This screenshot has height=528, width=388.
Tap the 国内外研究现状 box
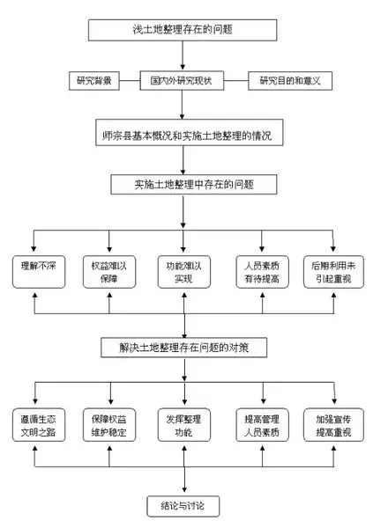pos(183,82)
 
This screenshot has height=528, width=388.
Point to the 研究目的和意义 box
pos(288,82)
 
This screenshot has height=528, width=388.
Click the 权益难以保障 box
pos(109,272)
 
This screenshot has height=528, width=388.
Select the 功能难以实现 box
pos(184,272)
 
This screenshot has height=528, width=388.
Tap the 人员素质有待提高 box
pos(262,272)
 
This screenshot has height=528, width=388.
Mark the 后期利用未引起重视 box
pos(332,272)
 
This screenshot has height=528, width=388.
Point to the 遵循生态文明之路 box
pos(35,425)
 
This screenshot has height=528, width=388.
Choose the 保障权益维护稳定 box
pos(109,425)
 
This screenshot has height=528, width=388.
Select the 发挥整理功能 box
pos(184,425)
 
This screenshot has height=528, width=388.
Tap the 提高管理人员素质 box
pos(262,425)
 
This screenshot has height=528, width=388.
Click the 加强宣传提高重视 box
pos(332,425)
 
